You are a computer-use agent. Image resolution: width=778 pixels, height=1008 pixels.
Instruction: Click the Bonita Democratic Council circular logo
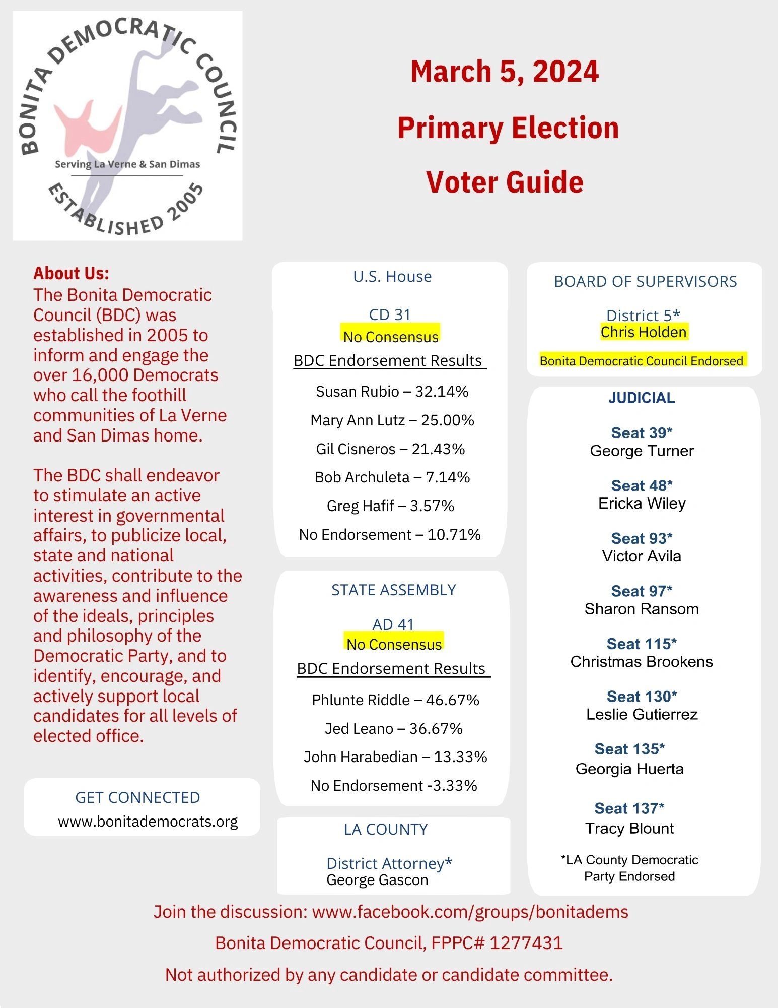(x=127, y=126)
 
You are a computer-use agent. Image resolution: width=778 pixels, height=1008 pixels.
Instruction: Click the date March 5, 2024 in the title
(x=504, y=71)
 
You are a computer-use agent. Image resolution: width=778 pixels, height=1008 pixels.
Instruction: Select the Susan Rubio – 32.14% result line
(x=392, y=392)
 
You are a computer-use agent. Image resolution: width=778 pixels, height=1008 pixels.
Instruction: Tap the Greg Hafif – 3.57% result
(x=390, y=506)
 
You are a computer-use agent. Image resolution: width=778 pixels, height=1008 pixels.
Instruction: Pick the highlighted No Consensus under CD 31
(x=390, y=336)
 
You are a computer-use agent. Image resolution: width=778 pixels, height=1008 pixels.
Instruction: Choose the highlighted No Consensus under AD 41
(x=394, y=644)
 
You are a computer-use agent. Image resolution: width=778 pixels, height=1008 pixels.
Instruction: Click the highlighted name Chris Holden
(x=643, y=332)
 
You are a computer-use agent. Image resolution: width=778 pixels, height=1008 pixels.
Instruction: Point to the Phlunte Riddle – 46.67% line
(x=395, y=700)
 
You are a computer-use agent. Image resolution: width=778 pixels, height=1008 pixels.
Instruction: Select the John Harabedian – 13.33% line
(x=395, y=757)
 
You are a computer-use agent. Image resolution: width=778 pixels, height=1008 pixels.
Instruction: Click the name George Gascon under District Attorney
(x=377, y=880)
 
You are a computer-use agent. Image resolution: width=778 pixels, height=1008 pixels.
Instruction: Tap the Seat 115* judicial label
(x=641, y=644)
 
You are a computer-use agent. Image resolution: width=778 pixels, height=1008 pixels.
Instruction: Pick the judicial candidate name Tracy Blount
(x=629, y=829)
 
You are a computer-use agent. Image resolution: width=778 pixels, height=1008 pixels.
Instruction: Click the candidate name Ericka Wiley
(x=642, y=503)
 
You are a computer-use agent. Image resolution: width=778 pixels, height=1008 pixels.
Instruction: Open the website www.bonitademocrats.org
(x=148, y=822)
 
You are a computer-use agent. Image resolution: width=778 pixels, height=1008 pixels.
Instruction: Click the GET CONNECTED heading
(x=137, y=797)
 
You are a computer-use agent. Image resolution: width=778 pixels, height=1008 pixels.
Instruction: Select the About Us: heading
(x=71, y=273)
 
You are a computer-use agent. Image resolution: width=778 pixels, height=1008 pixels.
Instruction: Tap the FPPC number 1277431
(x=526, y=943)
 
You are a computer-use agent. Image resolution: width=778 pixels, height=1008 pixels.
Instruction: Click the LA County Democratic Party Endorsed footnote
(x=629, y=868)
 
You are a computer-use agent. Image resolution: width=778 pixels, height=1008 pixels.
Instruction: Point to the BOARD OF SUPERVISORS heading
(x=645, y=281)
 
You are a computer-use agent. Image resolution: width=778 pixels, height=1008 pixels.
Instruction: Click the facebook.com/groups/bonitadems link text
(x=470, y=912)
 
